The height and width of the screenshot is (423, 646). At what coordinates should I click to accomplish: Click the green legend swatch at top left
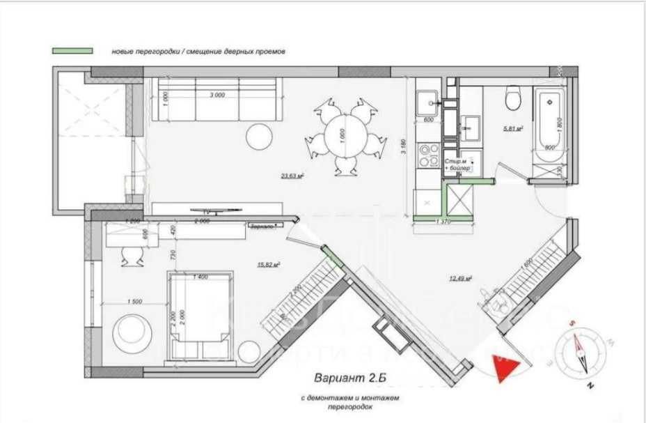point(73,51)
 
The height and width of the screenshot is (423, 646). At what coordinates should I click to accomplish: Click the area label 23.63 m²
point(291,176)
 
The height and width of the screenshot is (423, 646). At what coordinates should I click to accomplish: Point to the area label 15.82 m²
point(268,265)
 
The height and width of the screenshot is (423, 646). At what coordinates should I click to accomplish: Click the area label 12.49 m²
point(460,277)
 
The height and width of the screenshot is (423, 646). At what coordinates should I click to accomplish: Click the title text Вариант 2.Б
point(348,378)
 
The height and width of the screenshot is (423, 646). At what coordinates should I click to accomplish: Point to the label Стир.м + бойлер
point(457,164)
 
